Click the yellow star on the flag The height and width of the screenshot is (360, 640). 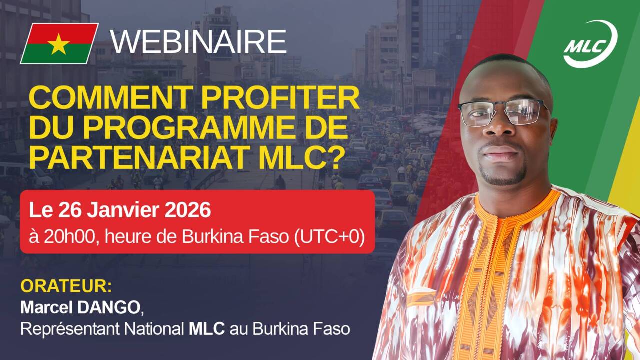(58, 44)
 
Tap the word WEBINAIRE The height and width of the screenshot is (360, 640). (199, 41)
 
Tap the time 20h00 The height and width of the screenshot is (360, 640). (69, 237)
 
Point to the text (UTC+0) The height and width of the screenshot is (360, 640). (330, 237)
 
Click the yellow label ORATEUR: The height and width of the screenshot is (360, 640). (66, 286)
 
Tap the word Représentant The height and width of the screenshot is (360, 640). (70, 329)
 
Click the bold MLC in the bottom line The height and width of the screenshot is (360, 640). (207, 329)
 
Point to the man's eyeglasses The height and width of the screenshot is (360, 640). (503, 112)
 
